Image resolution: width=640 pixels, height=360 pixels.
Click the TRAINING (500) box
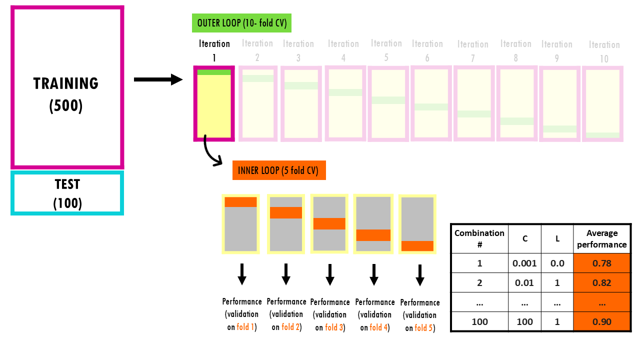click(67, 87)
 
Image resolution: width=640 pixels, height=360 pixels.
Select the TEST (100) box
click(67, 193)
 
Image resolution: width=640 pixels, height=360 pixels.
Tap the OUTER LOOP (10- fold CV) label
click(241, 23)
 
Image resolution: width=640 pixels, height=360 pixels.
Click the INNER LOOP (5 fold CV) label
click(279, 170)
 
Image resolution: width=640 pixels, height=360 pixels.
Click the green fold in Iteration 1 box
click(214, 72)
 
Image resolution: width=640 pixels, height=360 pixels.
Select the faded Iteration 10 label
click(604, 51)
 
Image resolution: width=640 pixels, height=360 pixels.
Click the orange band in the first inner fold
click(240, 202)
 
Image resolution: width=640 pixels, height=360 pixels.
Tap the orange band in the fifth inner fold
click(417, 246)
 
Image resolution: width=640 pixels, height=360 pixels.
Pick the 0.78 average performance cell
click(601, 263)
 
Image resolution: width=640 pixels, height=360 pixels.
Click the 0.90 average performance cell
click(601, 322)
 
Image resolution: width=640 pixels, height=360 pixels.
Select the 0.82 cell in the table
click(601, 283)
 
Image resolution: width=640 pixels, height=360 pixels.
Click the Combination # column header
click(479, 238)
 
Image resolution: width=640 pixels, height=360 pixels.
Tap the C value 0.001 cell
click(524, 263)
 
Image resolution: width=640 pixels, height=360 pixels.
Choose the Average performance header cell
click(601, 238)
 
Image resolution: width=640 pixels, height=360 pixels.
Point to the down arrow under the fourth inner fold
click(373, 274)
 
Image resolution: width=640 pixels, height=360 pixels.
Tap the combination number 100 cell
click(479, 322)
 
